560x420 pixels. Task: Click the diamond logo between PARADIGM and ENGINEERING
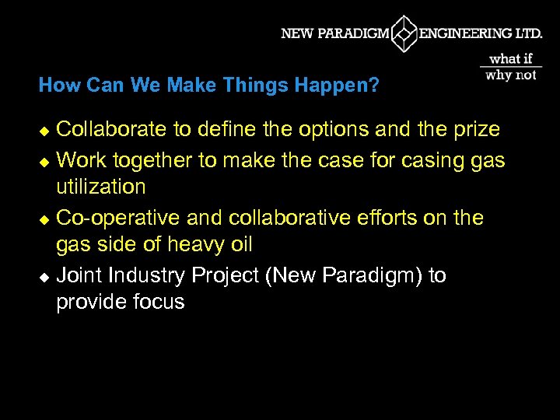404,33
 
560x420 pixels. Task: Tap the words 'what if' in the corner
511,58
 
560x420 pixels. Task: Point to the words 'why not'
511,75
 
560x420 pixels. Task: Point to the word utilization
101,187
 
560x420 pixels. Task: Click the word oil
240,244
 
